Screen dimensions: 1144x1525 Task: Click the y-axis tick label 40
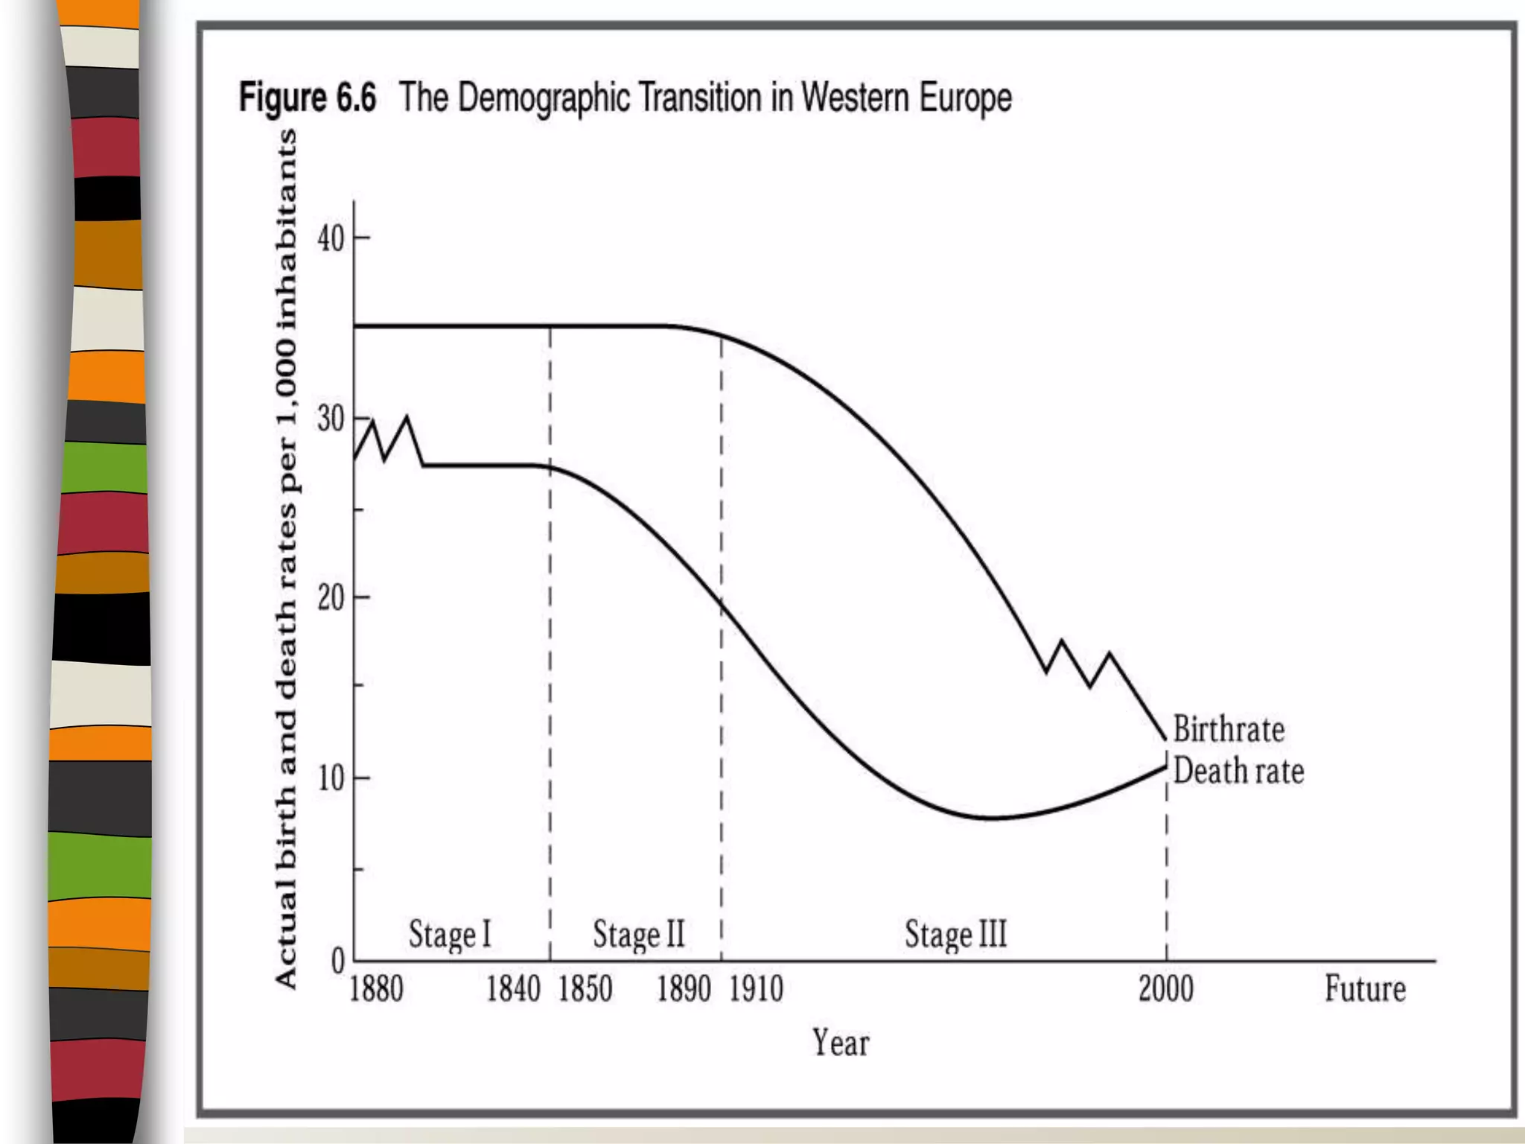(x=331, y=239)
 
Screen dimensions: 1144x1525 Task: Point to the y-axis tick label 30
(x=331, y=419)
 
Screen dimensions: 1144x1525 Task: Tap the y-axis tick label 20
(x=331, y=598)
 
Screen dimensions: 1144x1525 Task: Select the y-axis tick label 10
(x=331, y=778)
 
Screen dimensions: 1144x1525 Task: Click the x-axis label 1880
(x=376, y=990)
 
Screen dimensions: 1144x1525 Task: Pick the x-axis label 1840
(x=513, y=990)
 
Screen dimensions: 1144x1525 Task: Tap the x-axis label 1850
(x=585, y=990)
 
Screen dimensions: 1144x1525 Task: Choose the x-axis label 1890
(x=684, y=990)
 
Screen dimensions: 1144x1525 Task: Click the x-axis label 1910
(x=756, y=990)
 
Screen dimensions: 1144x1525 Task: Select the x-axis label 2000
(x=1165, y=990)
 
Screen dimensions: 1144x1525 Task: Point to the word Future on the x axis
(x=1365, y=990)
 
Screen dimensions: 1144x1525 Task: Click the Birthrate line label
(x=1229, y=729)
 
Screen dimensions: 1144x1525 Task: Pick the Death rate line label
(x=1238, y=771)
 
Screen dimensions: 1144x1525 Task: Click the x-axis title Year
(x=840, y=1043)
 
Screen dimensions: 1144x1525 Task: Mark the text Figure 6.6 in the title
(x=308, y=98)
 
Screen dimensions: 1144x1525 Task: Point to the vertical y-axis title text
(x=287, y=559)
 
